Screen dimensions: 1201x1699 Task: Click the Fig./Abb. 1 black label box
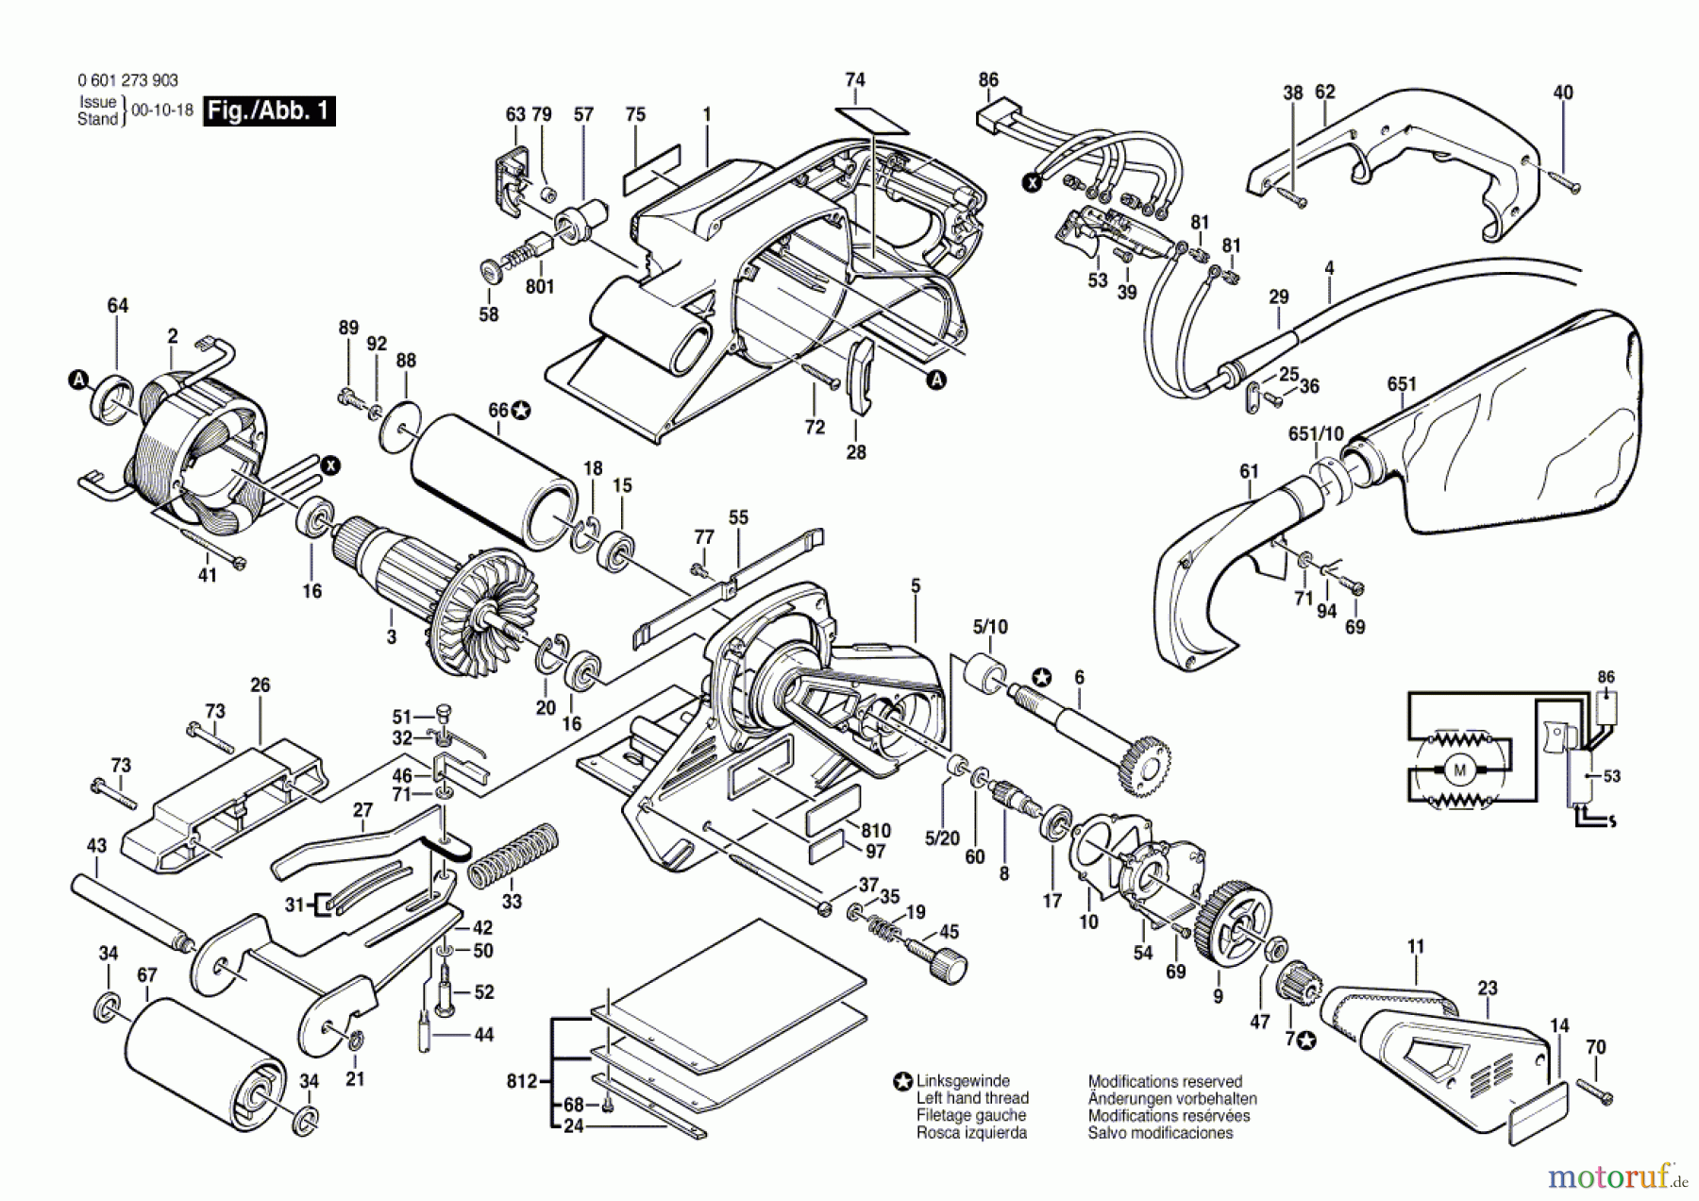(269, 110)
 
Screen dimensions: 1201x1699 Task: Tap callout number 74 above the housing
(855, 80)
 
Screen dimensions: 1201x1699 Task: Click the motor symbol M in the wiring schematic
(1459, 770)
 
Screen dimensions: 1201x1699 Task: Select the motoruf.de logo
(1616, 1175)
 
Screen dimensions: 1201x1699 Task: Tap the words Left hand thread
(972, 1098)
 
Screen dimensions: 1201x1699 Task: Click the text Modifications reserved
(1165, 1081)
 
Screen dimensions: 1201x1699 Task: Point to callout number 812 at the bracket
(521, 1081)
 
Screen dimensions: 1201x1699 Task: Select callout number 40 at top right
(1563, 93)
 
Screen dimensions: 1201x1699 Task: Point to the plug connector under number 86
(995, 119)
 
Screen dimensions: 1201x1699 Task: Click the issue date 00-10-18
(162, 110)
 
